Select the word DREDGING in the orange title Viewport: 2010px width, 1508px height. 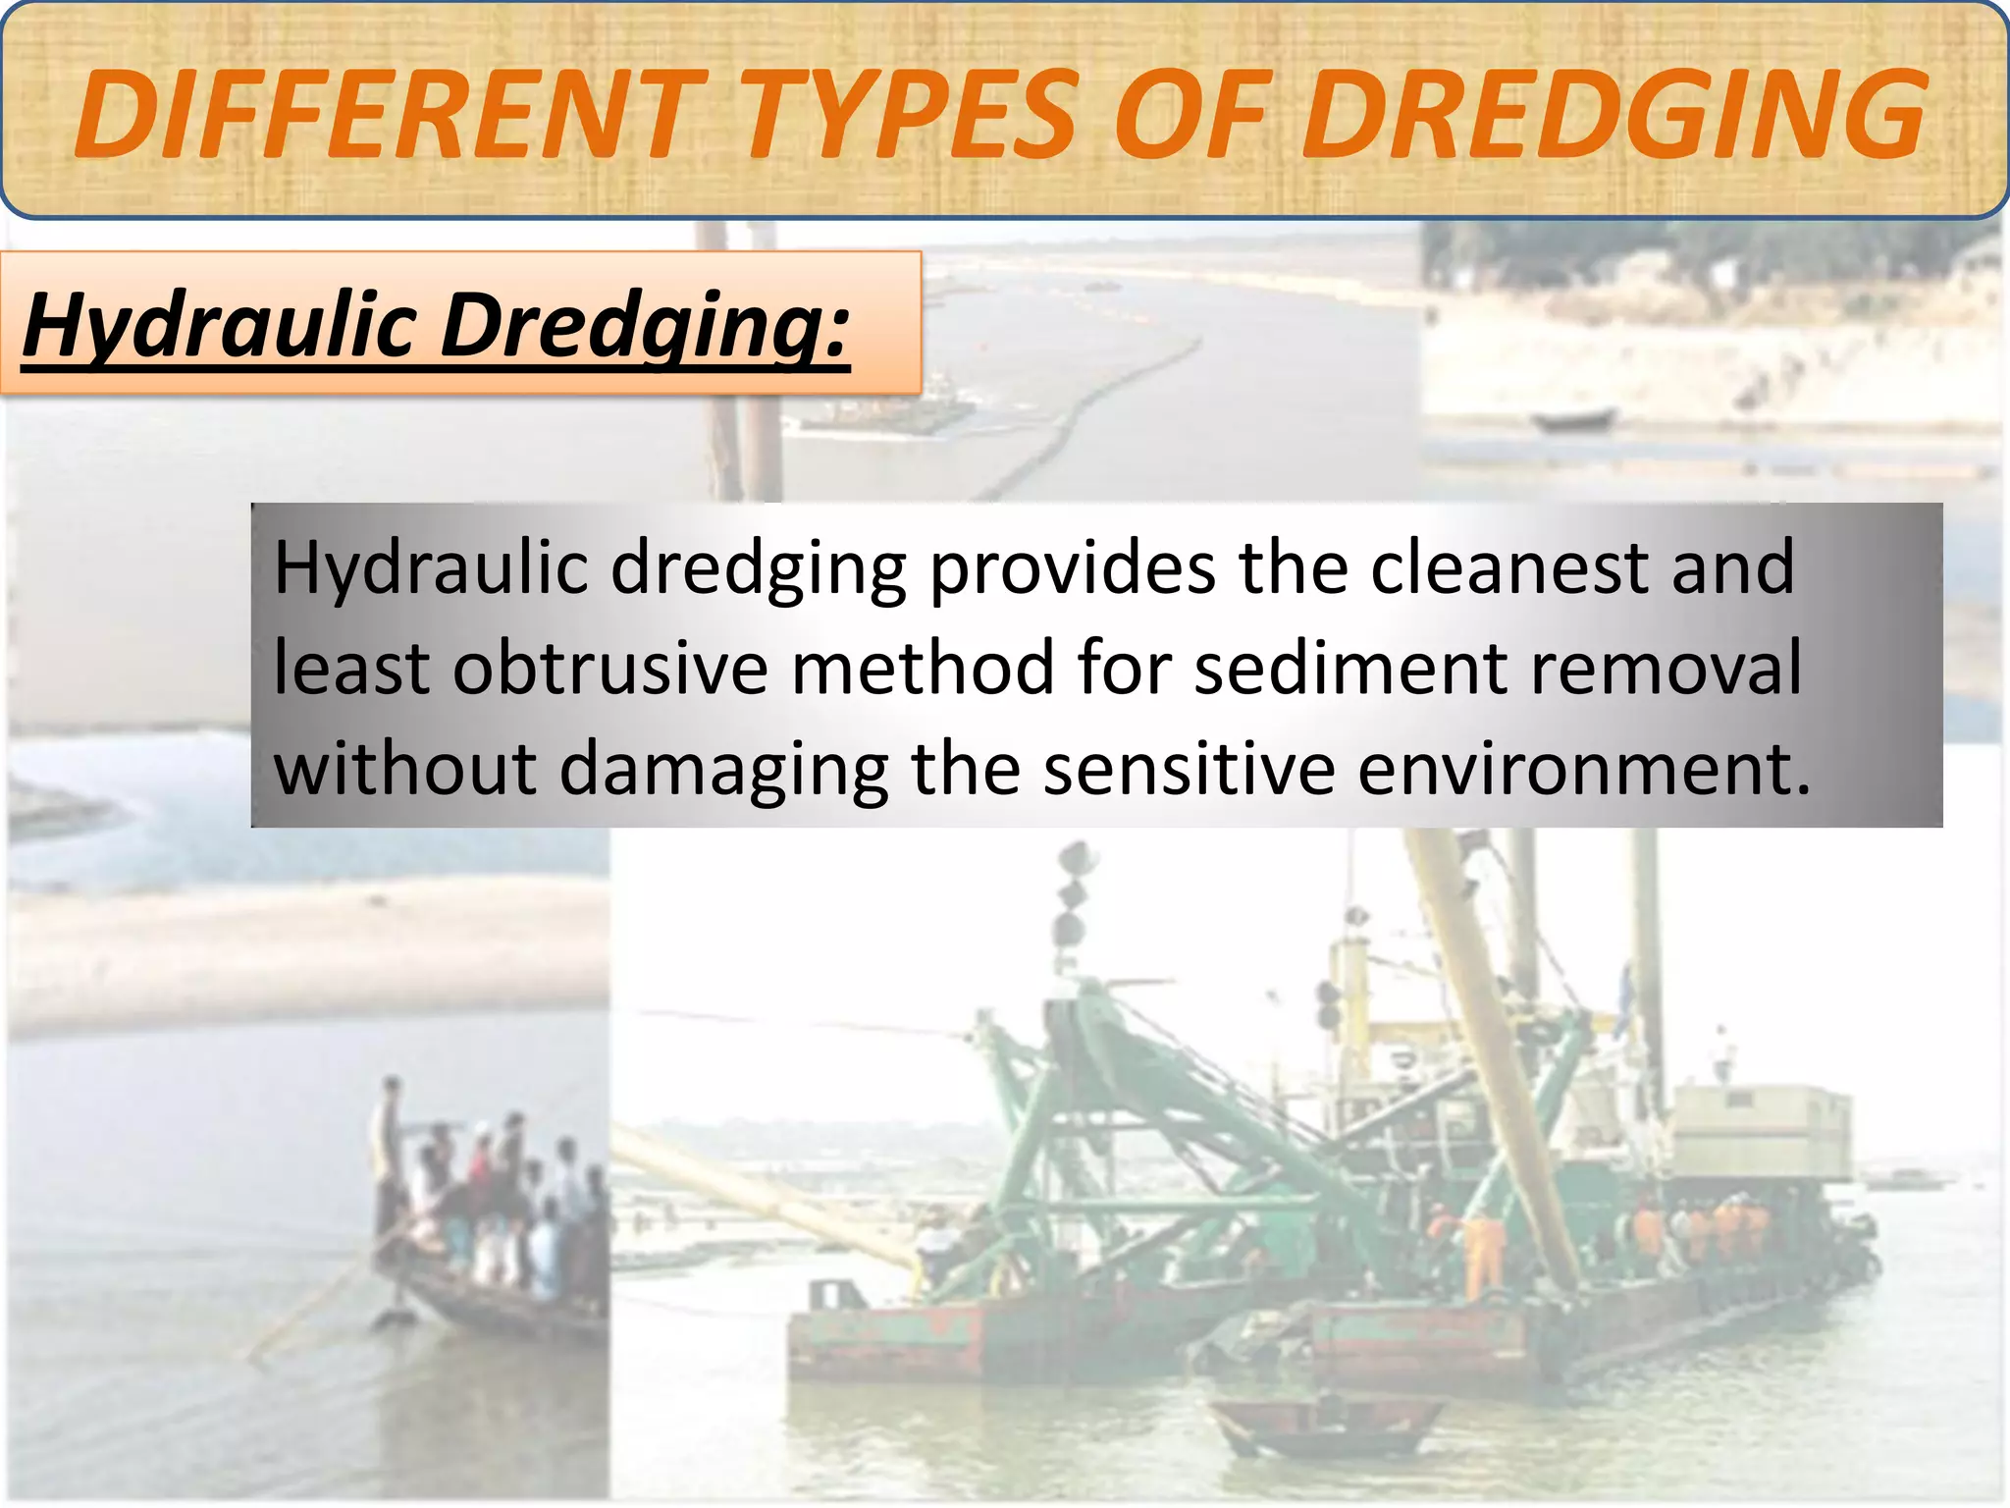coord(1612,116)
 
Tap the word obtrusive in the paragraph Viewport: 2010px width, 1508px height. coord(609,668)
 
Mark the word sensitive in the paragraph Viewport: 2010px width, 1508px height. coord(1189,769)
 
